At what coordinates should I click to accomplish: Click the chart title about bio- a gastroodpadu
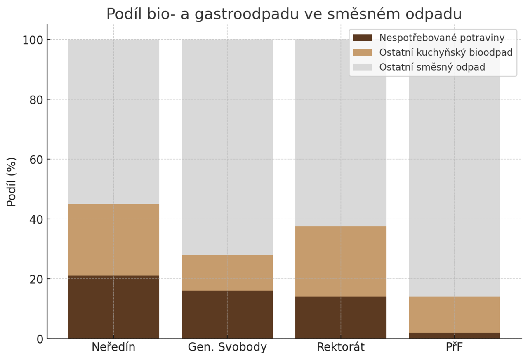284,14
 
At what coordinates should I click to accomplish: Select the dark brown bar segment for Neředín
113,307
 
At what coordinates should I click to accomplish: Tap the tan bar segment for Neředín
113,240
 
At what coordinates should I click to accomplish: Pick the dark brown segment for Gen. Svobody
227,314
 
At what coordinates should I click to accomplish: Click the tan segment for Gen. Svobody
227,273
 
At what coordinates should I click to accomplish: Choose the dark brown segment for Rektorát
341,318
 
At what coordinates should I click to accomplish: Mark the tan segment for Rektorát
341,261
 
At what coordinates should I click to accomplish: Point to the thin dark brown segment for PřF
454,336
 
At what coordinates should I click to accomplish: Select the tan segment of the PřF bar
454,315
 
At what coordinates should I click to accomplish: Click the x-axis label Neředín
113,347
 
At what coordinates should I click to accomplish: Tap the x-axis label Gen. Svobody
227,347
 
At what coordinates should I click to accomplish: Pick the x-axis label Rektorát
341,347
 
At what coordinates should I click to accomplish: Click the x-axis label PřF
454,347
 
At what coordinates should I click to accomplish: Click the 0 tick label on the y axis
40,339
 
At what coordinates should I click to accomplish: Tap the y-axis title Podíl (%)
12,182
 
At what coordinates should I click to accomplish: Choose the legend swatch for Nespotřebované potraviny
362,38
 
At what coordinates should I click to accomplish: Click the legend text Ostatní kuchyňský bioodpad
445,52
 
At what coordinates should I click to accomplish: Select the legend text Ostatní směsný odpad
432,67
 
